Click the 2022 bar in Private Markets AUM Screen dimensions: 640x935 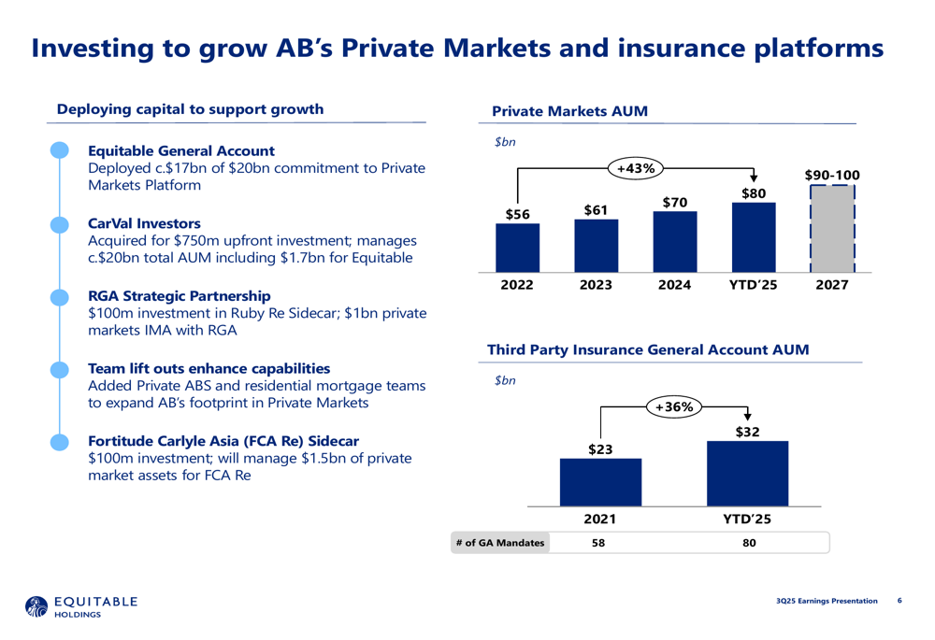pos(517,249)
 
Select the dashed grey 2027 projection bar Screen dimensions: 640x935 pos(831,229)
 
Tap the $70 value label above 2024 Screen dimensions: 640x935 pos(674,202)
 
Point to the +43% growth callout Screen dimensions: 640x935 pos(636,168)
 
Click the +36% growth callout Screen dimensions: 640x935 pos(673,406)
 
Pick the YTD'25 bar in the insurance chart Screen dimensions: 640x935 pos(747,473)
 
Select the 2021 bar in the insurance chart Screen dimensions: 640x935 pos(600,482)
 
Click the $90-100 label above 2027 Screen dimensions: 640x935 pos(831,175)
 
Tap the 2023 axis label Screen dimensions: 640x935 pos(596,284)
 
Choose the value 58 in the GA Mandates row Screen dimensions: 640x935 pos(598,542)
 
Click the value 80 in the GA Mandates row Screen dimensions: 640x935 pos(748,542)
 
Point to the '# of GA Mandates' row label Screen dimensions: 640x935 pos(500,542)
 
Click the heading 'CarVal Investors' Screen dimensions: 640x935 pos(144,224)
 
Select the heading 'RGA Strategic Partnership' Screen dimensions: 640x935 pos(180,296)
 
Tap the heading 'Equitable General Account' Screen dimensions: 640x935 pos(180,150)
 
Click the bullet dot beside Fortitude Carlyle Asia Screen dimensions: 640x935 pos(59,440)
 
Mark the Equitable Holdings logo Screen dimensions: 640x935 pos(82,606)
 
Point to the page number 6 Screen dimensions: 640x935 pos(899,600)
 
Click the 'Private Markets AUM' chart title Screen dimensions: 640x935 pos(569,111)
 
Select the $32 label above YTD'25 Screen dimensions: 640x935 pos(747,432)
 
